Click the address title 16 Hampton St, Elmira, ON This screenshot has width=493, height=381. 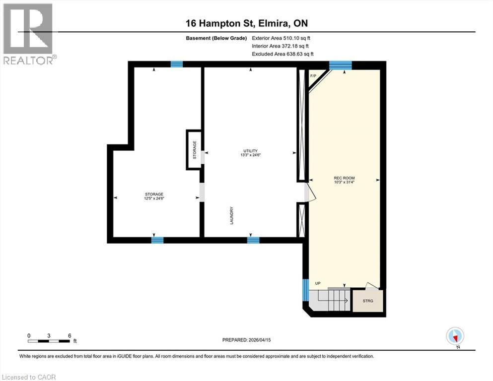[246, 23]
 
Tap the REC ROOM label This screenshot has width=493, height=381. [344, 178]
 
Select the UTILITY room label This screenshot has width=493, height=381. [250, 151]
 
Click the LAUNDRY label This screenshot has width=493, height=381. [232, 216]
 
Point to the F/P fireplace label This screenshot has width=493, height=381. [313, 76]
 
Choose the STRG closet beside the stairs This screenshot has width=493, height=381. [367, 301]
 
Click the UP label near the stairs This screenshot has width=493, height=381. [318, 283]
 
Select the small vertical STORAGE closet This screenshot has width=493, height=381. [194, 150]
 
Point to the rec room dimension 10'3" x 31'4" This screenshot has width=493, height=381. [344, 182]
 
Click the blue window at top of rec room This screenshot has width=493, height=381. [341, 65]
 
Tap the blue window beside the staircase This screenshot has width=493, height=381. [305, 290]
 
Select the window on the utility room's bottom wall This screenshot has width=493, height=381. [253, 240]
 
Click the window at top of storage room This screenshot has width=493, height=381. [176, 64]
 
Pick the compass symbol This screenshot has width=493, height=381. [455, 336]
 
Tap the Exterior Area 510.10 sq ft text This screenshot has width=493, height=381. [282, 38]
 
